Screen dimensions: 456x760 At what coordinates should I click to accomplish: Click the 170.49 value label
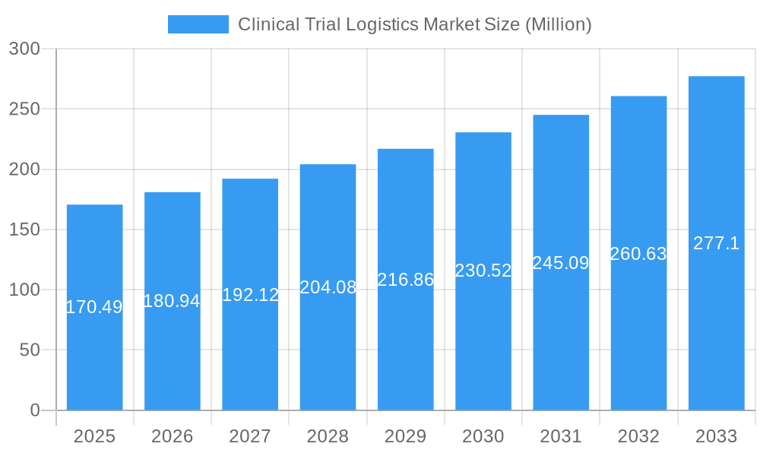94,307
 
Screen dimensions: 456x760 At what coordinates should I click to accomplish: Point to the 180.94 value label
172,301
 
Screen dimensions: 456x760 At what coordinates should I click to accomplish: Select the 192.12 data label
250,295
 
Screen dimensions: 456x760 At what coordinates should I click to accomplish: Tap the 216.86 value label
406,280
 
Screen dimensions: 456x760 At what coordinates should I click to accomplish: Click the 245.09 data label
561,263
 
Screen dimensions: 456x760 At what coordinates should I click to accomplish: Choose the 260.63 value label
638,254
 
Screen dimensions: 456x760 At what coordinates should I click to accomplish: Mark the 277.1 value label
716,243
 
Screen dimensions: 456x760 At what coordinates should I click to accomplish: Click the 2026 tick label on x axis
172,436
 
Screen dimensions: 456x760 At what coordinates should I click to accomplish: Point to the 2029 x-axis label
405,436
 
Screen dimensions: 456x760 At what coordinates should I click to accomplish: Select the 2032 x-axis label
638,436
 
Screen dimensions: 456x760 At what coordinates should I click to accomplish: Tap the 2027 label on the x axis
250,436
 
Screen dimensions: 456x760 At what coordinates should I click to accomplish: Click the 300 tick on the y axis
24,49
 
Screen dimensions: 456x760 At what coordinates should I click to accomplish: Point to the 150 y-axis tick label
24,230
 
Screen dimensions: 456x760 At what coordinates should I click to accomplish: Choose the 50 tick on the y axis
29,350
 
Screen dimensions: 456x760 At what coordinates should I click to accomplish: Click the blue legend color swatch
198,24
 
